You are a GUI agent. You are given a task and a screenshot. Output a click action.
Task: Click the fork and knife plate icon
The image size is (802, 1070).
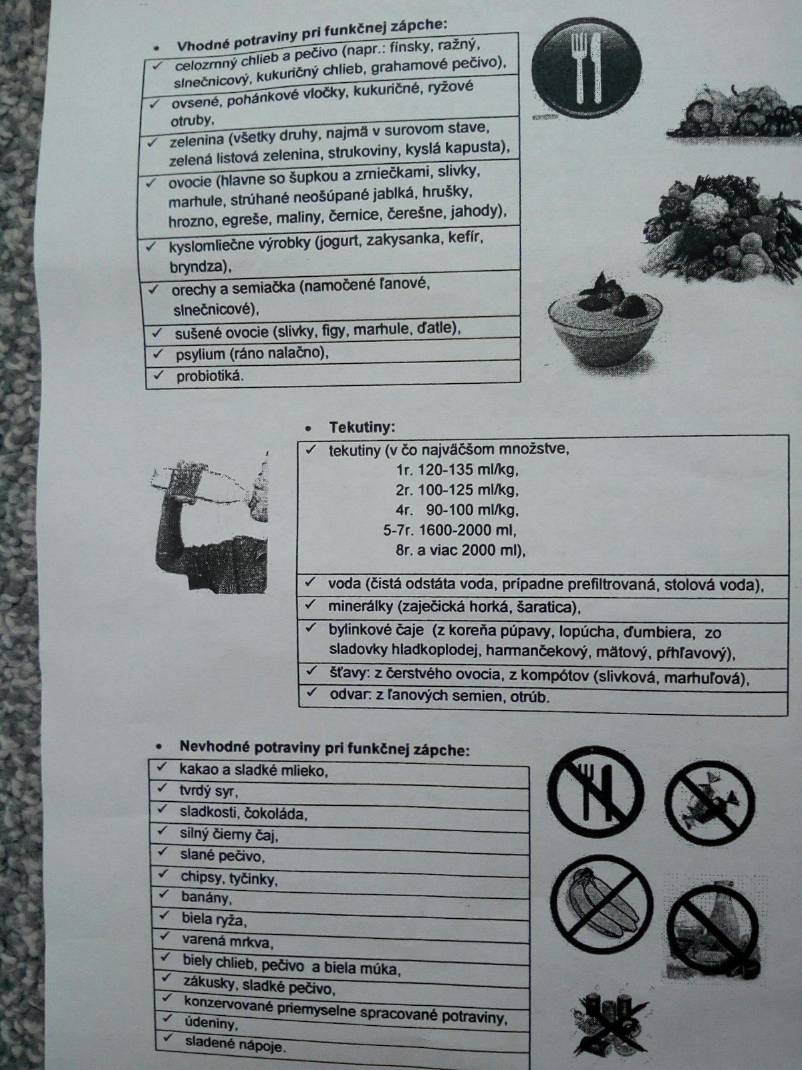click(x=587, y=69)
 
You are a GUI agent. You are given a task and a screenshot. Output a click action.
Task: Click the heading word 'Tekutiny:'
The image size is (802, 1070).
click(x=362, y=427)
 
